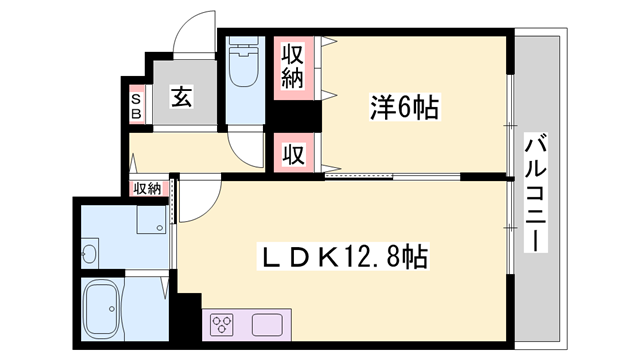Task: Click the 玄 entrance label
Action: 181,98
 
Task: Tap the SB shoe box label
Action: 137,104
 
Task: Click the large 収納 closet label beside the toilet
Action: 292,67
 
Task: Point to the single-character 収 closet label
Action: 292,154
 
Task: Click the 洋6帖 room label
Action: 401,108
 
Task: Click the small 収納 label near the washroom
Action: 146,188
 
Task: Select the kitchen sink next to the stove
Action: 269,324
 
